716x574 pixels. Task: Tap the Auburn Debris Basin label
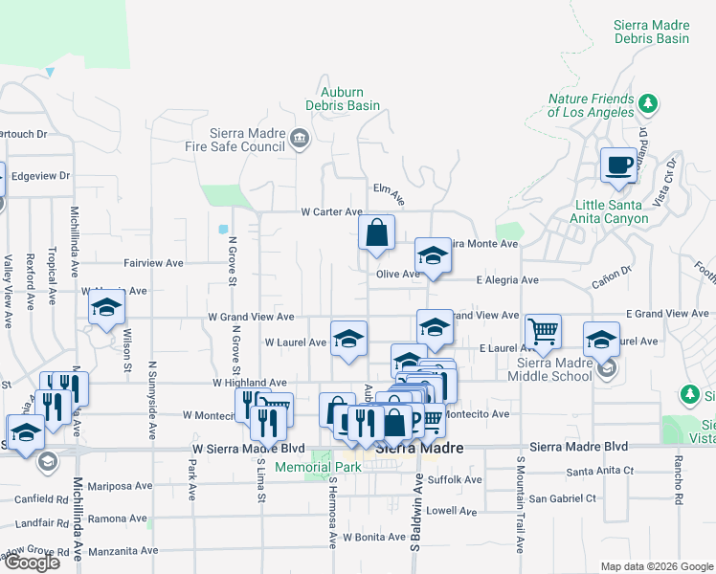[343, 99]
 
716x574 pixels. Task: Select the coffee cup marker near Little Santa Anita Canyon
[618, 166]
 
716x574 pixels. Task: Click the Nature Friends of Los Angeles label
[591, 105]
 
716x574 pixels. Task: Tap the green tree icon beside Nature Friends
[648, 102]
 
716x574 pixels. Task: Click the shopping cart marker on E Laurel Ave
[543, 332]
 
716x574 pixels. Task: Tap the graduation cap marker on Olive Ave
[433, 256]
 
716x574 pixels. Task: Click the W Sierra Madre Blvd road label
[248, 448]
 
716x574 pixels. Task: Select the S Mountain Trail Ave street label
[521, 502]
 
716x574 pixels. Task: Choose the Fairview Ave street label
[153, 263]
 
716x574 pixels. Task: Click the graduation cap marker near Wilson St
[106, 309]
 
